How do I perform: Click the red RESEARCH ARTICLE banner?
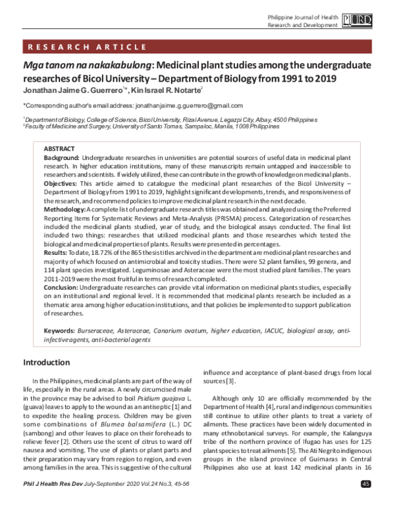(x=197, y=46)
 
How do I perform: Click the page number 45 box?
(x=366, y=503)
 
